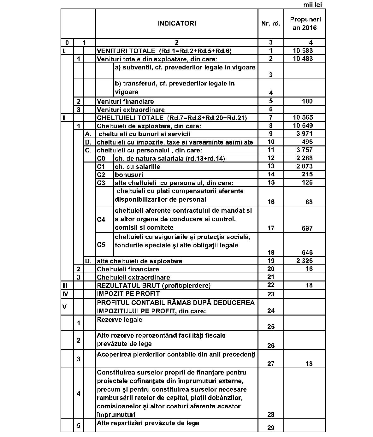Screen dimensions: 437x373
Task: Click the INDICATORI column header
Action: (177, 23)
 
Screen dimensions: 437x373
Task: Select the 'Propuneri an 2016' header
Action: (305, 23)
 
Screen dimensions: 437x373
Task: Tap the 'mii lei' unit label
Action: (312, 5)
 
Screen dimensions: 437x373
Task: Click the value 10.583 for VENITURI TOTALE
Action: (303, 50)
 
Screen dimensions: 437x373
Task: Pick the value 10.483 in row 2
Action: (303, 59)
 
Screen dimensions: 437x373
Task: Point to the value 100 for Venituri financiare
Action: (307, 101)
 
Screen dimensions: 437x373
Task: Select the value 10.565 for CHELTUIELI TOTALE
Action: (303, 117)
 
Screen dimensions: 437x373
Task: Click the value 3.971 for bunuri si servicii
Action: (305, 134)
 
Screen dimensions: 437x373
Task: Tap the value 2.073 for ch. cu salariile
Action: (305, 166)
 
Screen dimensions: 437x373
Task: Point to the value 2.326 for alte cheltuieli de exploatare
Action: (305, 261)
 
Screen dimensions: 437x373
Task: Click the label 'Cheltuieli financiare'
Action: (128, 269)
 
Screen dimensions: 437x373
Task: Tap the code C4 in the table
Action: (101, 219)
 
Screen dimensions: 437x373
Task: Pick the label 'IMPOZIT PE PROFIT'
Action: (128, 294)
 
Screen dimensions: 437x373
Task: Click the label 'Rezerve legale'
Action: (119, 320)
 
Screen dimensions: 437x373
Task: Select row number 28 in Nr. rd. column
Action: (271, 414)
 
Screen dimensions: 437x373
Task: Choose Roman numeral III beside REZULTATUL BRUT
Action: (65, 285)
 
